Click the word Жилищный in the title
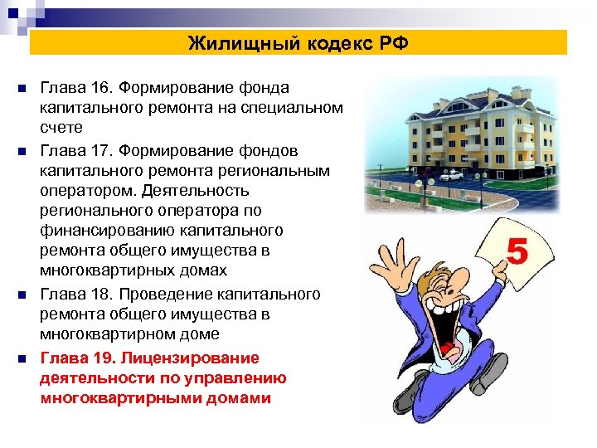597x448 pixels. tap(230, 43)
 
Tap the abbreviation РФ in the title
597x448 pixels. tap(393, 43)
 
